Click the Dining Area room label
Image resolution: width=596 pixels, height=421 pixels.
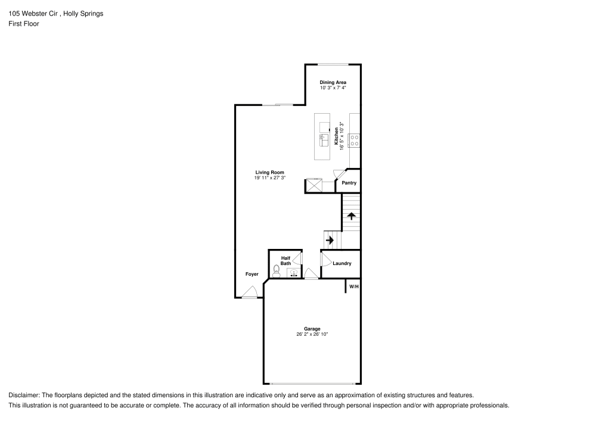tap(333, 82)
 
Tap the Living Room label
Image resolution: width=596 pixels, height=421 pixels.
tap(269, 172)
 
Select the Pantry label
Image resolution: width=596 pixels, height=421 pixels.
tap(349, 183)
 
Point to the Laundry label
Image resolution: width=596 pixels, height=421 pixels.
tap(342, 263)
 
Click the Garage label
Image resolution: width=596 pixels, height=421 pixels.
tap(312, 329)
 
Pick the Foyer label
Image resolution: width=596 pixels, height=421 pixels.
tap(252, 274)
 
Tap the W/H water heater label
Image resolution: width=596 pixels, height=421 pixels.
tap(353, 286)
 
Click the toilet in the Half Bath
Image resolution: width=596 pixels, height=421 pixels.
tap(277, 271)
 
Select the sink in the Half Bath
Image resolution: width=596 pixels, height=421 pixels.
tap(294, 273)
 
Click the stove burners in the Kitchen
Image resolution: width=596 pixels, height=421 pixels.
tap(355, 141)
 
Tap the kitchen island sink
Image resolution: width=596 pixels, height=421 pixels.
tap(324, 140)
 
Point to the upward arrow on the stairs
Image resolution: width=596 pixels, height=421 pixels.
tap(352, 216)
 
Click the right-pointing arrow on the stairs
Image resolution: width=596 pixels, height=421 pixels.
tap(330, 240)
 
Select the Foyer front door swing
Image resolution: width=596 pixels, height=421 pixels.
tap(250, 292)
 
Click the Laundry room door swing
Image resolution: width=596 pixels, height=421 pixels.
tap(326, 258)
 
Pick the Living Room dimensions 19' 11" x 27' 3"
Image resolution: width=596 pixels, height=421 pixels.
tap(269, 177)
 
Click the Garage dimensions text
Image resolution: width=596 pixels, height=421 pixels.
tap(312, 335)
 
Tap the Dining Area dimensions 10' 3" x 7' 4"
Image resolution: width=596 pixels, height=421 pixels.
tap(333, 88)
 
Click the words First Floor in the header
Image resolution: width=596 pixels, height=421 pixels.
tap(24, 24)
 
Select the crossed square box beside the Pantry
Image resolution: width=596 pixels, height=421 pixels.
tap(314, 186)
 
